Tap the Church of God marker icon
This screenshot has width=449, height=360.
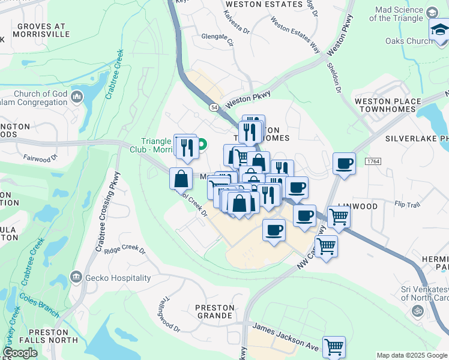(x=76, y=97)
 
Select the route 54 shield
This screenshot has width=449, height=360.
(x=214, y=107)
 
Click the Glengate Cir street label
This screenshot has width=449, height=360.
(x=217, y=36)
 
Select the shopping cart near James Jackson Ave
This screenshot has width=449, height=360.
(x=334, y=347)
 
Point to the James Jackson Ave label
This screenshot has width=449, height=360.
(x=286, y=335)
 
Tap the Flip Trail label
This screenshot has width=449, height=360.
(x=408, y=204)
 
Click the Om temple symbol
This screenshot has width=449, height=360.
(x=417, y=311)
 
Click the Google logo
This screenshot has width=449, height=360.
(x=20, y=353)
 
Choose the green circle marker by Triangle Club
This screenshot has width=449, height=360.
(x=202, y=144)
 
